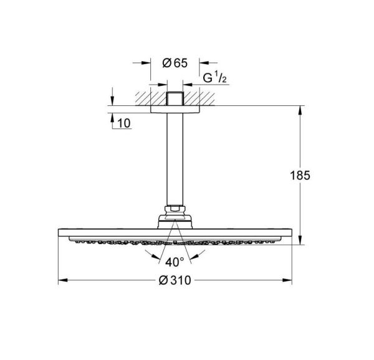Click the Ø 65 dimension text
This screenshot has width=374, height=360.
click(x=175, y=63)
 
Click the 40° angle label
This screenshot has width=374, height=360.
click(x=175, y=262)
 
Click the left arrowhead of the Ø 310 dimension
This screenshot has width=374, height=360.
click(x=62, y=282)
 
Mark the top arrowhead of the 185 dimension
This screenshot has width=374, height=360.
click(x=303, y=110)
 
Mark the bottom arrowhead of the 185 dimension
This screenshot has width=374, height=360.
click(x=303, y=241)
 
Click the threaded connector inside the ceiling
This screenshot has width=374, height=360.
click(x=175, y=100)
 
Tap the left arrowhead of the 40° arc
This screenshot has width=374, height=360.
click(x=149, y=255)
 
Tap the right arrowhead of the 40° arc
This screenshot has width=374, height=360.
click(x=201, y=255)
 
